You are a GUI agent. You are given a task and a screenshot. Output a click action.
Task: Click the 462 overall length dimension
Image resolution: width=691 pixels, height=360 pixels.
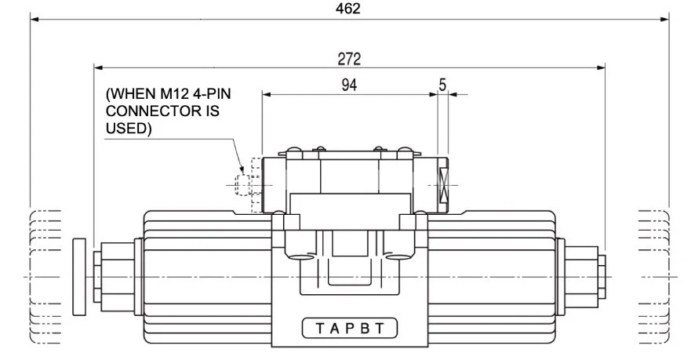[347, 9]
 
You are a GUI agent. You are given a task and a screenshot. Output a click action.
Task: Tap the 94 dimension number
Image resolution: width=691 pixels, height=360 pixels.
[349, 85]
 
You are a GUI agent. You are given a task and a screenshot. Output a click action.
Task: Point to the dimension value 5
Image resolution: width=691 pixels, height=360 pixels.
[442, 85]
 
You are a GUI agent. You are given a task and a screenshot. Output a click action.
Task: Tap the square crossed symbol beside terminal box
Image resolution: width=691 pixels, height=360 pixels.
[444, 184]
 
